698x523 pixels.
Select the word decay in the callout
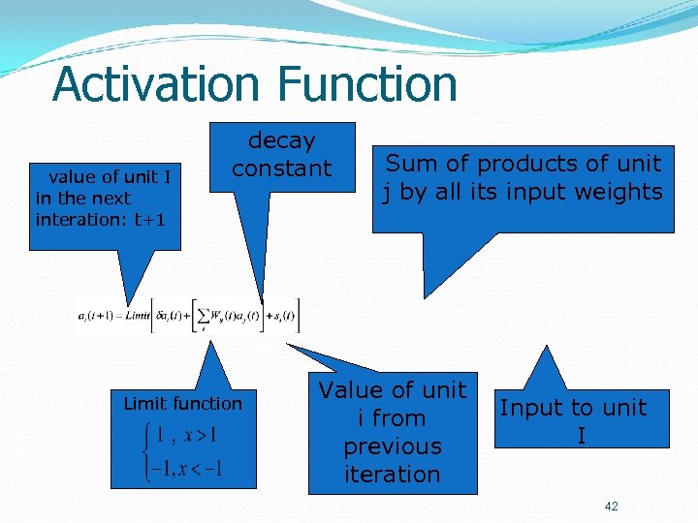point(281,140)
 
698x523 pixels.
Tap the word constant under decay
point(281,169)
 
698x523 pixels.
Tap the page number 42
point(611,507)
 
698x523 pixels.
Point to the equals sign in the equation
point(119,315)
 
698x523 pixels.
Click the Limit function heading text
point(182,403)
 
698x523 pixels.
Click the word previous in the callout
point(392,446)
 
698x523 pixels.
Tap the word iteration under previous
point(392,475)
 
